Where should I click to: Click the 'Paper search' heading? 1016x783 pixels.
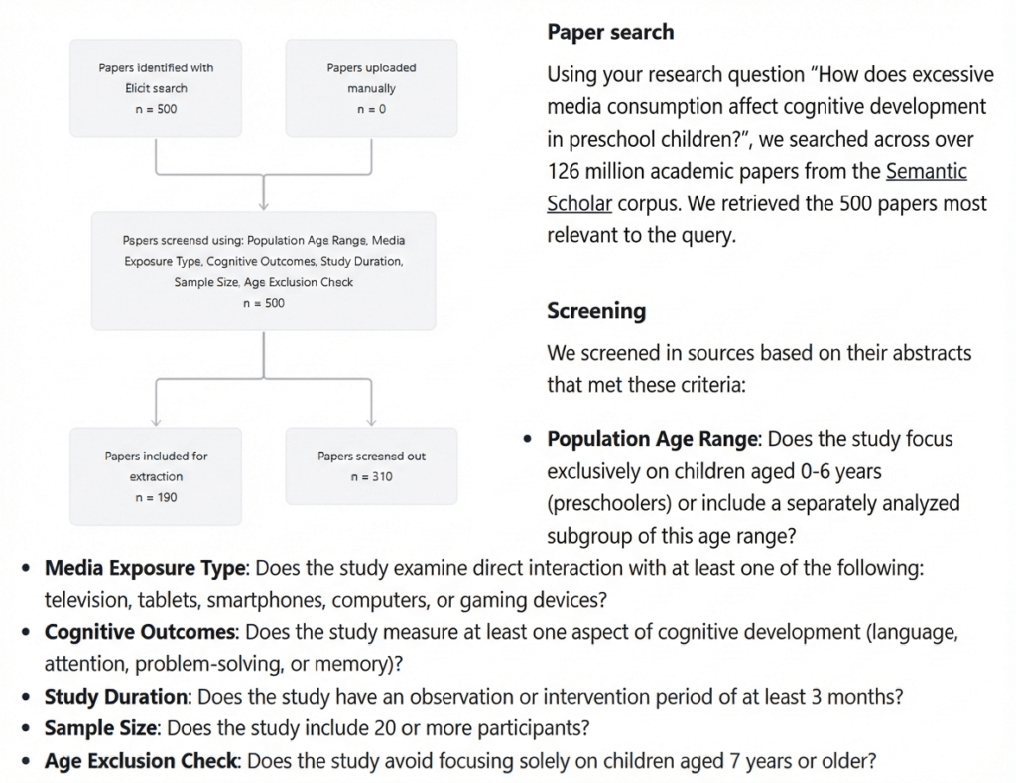(610, 32)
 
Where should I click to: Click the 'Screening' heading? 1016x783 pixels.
(596, 311)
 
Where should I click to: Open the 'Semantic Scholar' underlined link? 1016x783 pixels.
(926, 171)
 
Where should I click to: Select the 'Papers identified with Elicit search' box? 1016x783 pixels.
(157, 88)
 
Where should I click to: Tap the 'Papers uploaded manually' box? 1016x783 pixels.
(371, 88)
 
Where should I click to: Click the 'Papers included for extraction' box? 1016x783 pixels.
(157, 476)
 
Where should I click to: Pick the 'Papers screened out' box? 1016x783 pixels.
(371, 466)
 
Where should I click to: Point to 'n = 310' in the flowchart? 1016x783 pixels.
(371, 477)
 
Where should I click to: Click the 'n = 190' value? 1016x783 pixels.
(157, 497)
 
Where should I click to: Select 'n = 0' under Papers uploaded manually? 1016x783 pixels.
(371, 109)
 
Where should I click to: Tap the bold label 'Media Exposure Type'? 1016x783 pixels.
(144, 569)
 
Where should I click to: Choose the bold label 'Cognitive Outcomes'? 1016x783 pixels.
(140, 632)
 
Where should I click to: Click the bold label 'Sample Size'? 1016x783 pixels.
(100, 728)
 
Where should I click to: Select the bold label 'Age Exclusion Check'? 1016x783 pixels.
(141, 761)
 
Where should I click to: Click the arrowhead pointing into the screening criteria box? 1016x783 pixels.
(263, 205)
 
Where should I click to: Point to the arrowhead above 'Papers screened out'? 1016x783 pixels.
(371, 421)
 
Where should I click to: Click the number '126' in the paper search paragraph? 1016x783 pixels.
(564, 171)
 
